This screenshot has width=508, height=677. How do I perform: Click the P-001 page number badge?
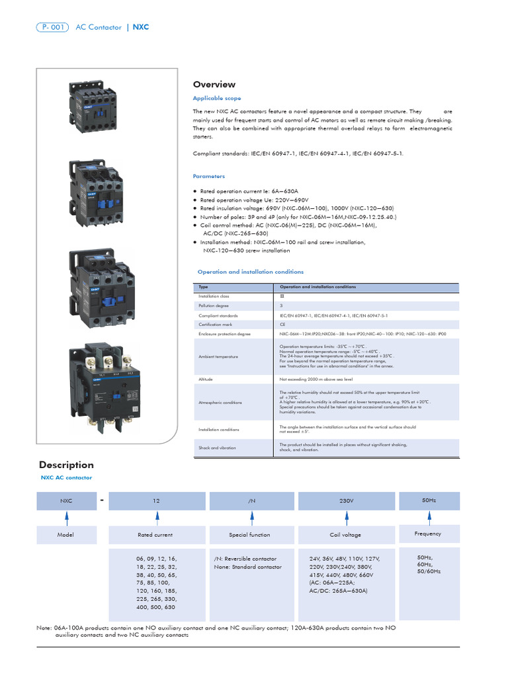(x=52, y=27)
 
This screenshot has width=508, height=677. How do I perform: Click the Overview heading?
(x=214, y=85)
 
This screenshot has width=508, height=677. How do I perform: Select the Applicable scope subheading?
(x=216, y=99)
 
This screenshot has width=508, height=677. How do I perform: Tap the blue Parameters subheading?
(x=208, y=177)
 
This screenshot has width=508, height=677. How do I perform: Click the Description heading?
(x=66, y=465)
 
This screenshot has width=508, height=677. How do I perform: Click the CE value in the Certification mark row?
(x=282, y=325)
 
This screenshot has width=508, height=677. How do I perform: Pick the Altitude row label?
(x=206, y=379)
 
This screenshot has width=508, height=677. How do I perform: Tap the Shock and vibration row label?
(x=218, y=448)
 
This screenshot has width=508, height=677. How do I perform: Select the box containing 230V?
(x=347, y=501)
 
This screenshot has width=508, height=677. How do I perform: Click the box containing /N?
(x=251, y=501)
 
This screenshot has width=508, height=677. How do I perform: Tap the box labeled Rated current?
(x=155, y=535)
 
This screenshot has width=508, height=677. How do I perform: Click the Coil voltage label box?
(x=347, y=535)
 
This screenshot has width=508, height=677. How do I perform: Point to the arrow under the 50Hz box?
(x=428, y=518)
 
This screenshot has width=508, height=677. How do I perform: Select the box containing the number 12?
(x=156, y=501)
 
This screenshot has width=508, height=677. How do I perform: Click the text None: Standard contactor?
(x=247, y=567)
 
